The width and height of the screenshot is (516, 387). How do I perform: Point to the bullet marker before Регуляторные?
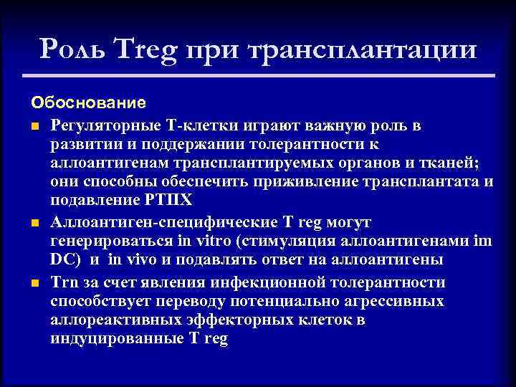pos(34,126)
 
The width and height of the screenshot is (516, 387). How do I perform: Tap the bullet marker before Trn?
pos(34,283)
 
